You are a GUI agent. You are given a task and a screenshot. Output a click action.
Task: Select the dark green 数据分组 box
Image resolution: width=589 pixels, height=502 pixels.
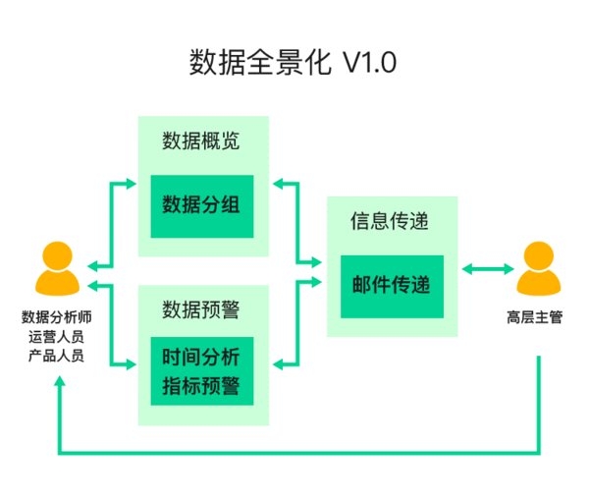click(x=201, y=205)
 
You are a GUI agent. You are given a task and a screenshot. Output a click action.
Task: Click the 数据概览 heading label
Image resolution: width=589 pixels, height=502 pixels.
click(x=201, y=141)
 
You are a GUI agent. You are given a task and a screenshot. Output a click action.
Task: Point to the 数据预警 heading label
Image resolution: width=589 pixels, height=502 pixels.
click(x=201, y=309)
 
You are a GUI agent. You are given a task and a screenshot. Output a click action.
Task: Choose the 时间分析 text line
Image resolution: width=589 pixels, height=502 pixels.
click(x=201, y=356)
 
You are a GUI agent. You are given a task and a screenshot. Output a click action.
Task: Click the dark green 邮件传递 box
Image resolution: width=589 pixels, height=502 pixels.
click(x=392, y=285)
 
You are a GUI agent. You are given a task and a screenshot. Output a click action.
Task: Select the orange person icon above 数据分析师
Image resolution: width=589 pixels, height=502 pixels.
click(x=56, y=268)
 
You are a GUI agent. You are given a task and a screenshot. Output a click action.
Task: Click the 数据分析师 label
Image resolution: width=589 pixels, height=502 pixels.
click(x=56, y=317)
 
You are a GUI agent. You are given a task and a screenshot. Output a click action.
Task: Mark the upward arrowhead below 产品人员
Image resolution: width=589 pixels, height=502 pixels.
click(x=59, y=381)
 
